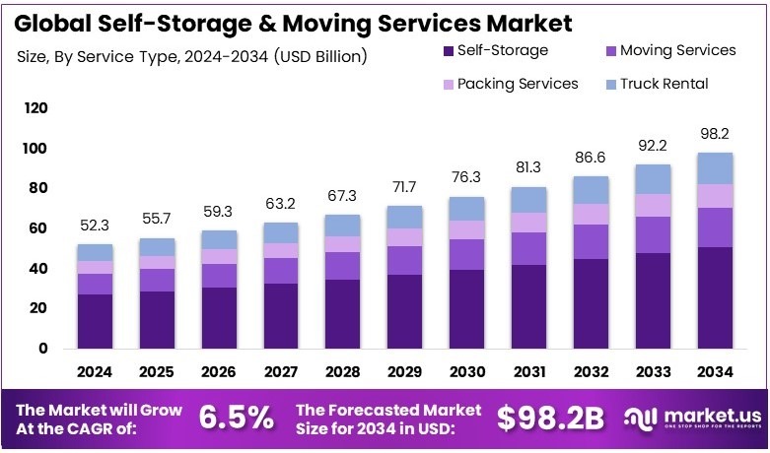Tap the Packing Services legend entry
pyautogui.click(x=518, y=84)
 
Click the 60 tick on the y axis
pyautogui.click(x=37, y=228)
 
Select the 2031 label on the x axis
pyautogui.click(x=528, y=373)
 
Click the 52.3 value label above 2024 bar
pyautogui.click(x=96, y=226)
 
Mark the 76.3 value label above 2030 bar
pyautogui.click(x=466, y=177)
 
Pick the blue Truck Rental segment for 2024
pyautogui.click(x=96, y=253)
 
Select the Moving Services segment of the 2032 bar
pyautogui.click(x=590, y=242)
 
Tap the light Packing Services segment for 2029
pyautogui.click(x=405, y=237)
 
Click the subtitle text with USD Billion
pyautogui.click(x=192, y=56)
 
